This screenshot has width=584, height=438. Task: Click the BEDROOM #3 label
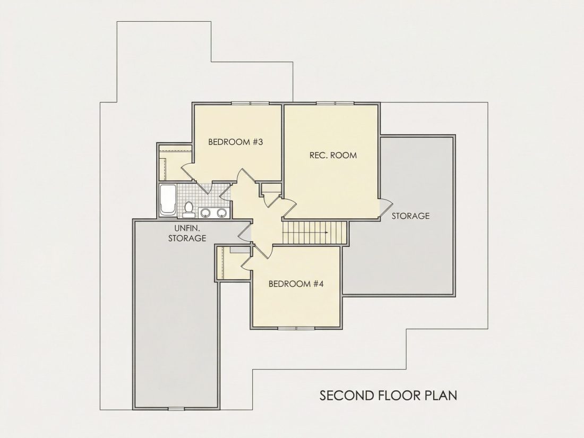point(235,142)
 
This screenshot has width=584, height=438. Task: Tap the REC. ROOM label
point(333,156)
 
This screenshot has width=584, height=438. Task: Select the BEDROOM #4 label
point(296,284)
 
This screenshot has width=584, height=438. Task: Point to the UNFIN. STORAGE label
point(187,233)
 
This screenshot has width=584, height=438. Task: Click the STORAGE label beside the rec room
point(410,216)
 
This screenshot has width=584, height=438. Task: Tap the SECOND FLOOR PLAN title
point(389,396)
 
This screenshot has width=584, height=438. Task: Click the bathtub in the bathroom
point(167,200)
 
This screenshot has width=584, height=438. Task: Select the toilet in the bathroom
point(189,209)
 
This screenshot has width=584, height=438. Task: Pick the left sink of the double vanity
point(205,213)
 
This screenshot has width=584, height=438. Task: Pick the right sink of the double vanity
point(222,213)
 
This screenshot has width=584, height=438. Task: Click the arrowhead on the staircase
point(326,233)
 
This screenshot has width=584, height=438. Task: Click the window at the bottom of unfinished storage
point(176,409)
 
